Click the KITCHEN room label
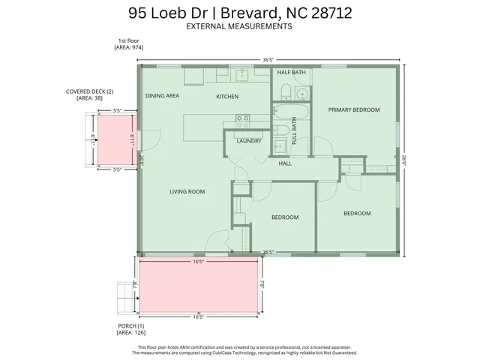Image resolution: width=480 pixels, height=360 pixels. [227, 97]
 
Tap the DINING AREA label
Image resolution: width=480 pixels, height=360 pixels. [162, 96]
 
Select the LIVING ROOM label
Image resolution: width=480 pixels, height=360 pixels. [187, 192]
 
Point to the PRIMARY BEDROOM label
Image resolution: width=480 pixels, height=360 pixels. [354, 109]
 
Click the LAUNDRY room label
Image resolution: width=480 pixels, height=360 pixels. [248, 141]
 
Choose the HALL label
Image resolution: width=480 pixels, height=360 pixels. [285, 163]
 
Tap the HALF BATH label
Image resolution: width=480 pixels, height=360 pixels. [291, 73]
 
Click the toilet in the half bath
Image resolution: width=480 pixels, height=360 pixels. [283, 91]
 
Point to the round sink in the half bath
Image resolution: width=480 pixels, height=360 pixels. [301, 94]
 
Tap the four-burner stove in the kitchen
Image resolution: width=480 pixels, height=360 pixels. [243, 118]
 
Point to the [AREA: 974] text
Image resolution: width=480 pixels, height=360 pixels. [128, 47]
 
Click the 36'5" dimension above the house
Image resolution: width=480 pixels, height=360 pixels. [268, 59]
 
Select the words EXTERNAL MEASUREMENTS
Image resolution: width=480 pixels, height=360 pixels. [239, 26]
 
